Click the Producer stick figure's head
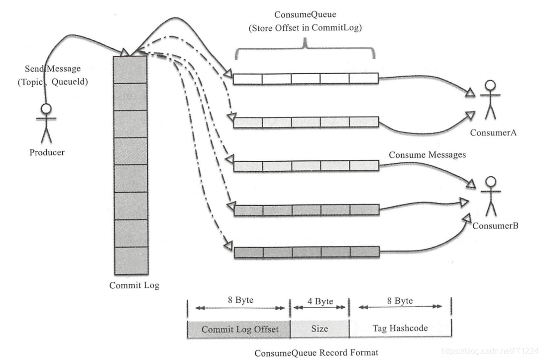click(x=46, y=109)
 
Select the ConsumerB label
click(x=495, y=226)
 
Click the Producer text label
click(x=47, y=152)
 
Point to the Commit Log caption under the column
click(x=134, y=286)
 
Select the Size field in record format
click(x=320, y=329)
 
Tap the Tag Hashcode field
click(x=400, y=329)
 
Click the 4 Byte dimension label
click(x=320, y=301)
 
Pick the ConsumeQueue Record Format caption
click(x=317, y=353)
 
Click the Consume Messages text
click(x=427, y=155)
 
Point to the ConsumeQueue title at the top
click(x=305, y=15)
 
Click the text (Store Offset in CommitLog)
click(x=305, y=28)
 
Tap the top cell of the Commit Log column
click(x=130, y=69)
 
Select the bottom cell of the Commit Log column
click(x=130, y=261)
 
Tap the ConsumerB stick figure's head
click(x=491, y=181)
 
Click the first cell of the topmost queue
click(x=247, y=79)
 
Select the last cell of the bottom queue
click(x=364, y=252)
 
